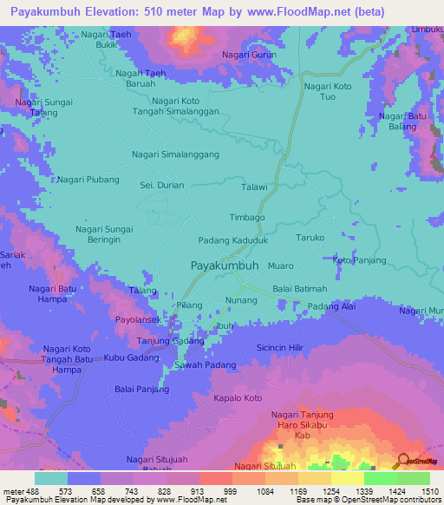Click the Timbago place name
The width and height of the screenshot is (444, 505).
[246, 218]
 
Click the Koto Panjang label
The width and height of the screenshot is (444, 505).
[358, 259]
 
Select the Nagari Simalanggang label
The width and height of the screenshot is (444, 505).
[175, 154]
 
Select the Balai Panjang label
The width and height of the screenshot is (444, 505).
[140, 390]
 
